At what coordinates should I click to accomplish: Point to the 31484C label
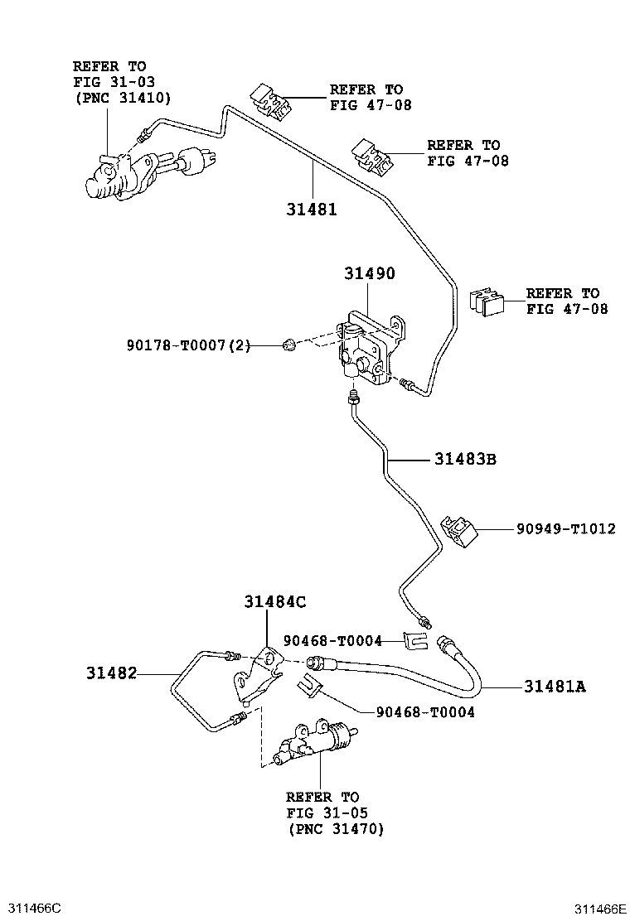[274, 603]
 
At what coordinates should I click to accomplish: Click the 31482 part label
[109, 674]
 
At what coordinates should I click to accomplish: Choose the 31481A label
[554, 686]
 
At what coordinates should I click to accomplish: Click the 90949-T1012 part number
[565, 528]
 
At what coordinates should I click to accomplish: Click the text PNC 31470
[336, 828]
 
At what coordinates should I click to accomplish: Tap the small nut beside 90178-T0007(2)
[289, 344]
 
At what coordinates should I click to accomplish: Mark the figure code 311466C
[31, 908]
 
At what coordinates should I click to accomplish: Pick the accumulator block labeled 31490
[370, 348]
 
